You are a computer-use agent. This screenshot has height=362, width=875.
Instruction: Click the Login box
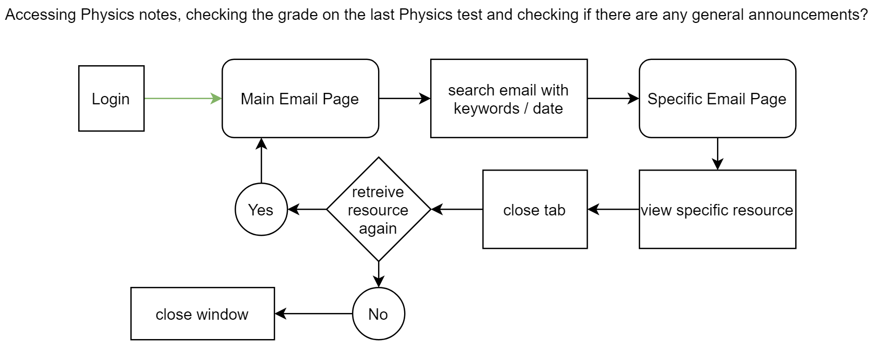click(111, 99)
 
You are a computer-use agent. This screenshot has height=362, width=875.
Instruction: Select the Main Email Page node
click(300, 99)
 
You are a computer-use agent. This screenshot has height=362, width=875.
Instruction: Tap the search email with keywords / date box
click(509, 99)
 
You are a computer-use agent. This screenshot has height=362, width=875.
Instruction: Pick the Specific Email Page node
click(718, 99)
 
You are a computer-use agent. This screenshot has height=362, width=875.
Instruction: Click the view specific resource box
click(718, 209)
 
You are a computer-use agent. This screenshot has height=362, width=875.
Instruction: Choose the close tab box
click(535, 209)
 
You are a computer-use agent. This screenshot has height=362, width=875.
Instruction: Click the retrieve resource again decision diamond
click(379, 209)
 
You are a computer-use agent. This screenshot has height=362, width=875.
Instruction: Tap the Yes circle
click(261, 209)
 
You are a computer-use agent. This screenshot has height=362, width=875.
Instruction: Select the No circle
click(379, 313)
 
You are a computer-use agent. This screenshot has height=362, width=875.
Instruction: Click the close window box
click(203, 313)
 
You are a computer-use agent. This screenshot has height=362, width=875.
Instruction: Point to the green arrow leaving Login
click(183, 99)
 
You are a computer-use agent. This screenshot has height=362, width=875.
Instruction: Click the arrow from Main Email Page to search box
click(405, 99)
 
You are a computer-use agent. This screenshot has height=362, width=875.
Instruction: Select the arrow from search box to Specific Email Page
click(613, 99)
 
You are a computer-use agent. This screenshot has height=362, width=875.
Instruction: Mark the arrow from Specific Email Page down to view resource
click(718, 154)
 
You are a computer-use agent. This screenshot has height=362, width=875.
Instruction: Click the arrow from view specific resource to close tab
click(613, 209)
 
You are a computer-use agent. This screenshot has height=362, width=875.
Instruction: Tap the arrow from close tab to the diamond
click(457, 209)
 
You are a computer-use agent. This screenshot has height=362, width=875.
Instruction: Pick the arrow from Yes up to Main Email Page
click(261, 160)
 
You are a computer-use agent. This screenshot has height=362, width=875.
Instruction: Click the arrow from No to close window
click(314, 313)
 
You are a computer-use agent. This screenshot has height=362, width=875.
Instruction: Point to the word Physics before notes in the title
click(105, 15)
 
